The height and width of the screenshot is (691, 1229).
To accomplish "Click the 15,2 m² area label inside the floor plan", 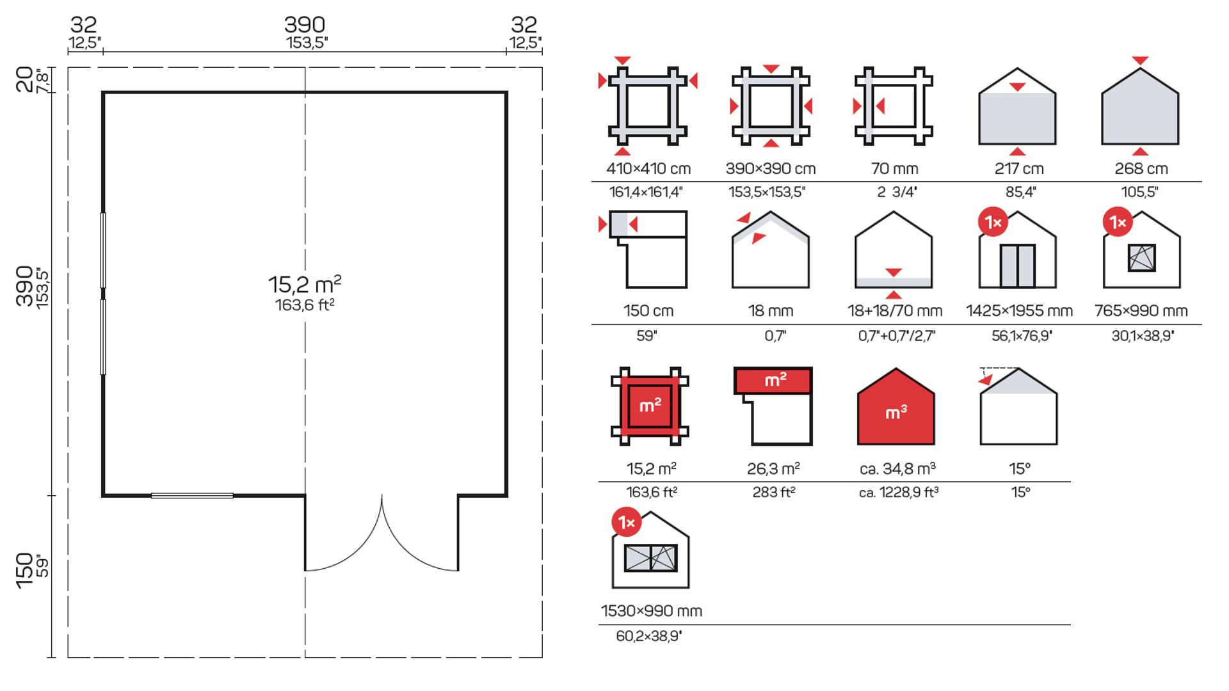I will [305, 284].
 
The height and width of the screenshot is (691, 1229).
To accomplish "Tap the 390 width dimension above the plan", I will [305, 25].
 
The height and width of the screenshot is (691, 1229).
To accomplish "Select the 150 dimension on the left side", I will [24, 570].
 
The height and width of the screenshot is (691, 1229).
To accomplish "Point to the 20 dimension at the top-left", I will [24, 79].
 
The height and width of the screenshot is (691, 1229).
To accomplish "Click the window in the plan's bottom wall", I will [192, 495].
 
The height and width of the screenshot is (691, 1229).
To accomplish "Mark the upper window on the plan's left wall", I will [103, 250].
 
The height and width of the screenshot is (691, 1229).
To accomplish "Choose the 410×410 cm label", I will [648, 169].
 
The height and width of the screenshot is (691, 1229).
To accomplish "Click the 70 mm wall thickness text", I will [894, 169].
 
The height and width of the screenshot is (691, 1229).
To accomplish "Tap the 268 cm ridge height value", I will [1141, 169].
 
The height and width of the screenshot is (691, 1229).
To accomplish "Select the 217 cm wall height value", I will [1018, 169].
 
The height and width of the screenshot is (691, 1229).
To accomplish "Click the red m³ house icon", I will [896, 408].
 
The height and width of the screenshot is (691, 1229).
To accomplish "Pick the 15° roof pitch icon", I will [1018, 407].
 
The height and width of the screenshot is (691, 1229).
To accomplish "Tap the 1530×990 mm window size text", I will [651, 611].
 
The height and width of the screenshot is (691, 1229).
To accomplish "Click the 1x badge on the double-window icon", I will [626, 523].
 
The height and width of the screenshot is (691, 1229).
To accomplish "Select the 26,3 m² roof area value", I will [773, 469].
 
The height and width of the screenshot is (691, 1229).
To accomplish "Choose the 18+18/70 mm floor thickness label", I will [894, 311].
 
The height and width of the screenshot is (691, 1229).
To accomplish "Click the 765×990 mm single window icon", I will [1141, 256].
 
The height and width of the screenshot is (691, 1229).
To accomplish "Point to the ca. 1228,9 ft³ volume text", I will [899, 493].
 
